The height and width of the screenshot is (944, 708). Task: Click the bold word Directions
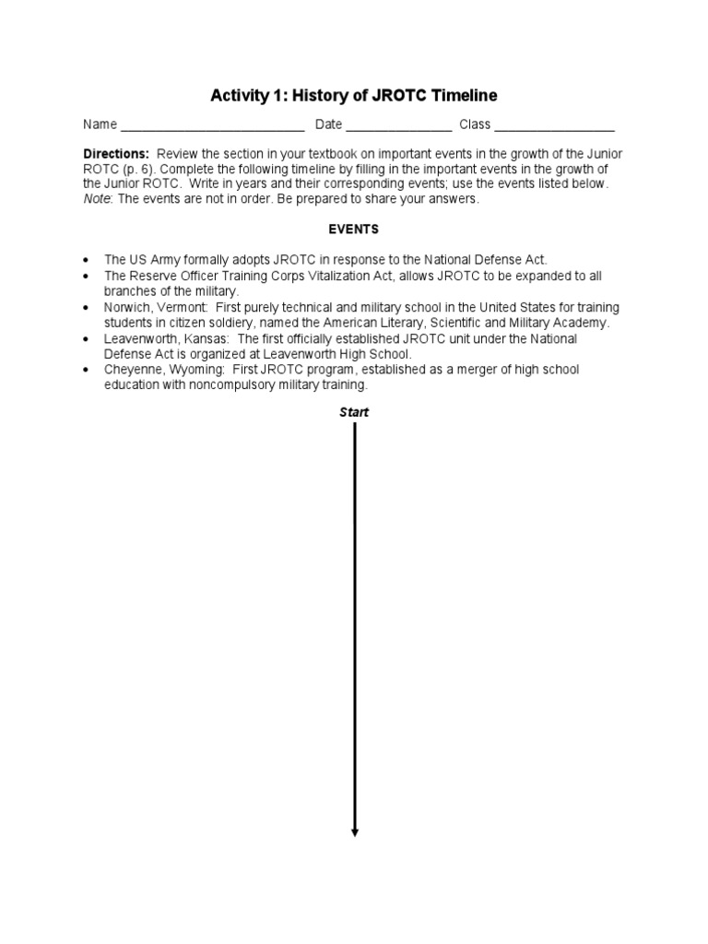click(115, 153)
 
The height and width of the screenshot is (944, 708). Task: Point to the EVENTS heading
click(354, 229)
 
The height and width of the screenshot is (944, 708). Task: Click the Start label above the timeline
click(354, 412)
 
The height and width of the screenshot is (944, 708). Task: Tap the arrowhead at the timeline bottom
click(355, 832)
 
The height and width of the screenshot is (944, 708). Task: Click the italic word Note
click(97, 199)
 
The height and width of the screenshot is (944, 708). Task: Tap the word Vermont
click(184, 307)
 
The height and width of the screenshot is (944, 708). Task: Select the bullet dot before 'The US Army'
click(86, 261)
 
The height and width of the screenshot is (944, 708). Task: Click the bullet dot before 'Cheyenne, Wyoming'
click(86, 370)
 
